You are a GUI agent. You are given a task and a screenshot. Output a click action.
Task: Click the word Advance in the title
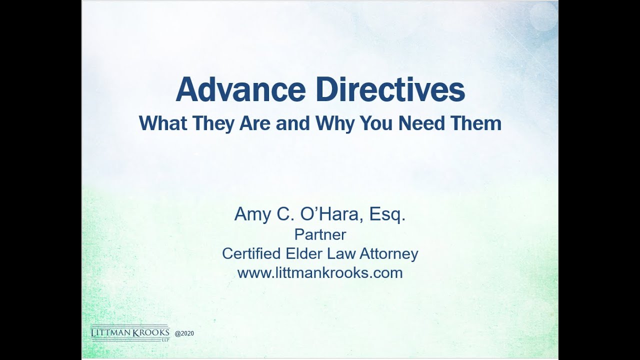[x=240, y=90]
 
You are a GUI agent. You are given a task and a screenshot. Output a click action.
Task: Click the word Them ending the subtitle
[x=477, y=123]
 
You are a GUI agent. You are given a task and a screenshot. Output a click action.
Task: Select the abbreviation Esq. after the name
[x=387, y=214]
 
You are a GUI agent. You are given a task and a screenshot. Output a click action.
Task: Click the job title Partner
[x=320, y=234]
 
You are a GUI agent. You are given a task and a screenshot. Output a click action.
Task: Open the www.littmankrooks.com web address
[x=320, y=273]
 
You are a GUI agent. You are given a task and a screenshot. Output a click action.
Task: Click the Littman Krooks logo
[x=130, y=333]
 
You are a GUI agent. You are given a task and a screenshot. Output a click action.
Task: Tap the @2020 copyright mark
[x=184, y=333]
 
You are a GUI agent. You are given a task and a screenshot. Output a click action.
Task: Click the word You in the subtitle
[x=379, y=123]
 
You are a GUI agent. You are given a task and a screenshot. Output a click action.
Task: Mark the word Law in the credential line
[x=339, y=253]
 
